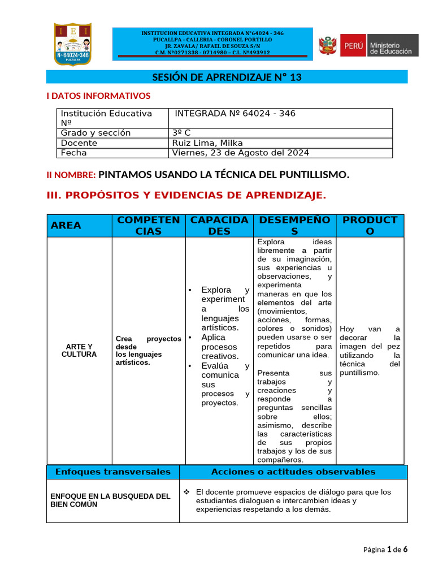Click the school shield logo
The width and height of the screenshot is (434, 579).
click(72, 44)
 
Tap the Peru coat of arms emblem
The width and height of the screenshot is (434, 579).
click(328, 45)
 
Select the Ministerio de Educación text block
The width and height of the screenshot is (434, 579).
click(393, 45)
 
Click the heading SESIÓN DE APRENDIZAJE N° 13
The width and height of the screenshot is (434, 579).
click(227, 77)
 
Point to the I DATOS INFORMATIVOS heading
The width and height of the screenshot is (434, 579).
click(98, 96)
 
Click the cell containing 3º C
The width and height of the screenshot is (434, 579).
click(181, 133)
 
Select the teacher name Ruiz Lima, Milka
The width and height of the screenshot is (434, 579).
click(207, 143)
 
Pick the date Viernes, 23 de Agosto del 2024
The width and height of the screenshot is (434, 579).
click(241, 153)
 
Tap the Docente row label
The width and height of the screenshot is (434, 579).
click(79, 143)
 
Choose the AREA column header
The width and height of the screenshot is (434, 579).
click(66, 225)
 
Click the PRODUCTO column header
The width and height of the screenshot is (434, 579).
click(370, 225)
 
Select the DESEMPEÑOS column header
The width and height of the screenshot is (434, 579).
click(294, 225)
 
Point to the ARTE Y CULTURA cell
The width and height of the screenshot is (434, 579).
click(79, 350)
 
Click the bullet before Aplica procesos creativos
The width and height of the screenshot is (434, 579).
click(190, 338)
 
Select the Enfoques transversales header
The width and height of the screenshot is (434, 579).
click(112, 472)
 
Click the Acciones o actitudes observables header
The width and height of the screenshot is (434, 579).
click(293, 472)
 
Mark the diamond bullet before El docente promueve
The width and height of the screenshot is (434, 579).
click(187, 491)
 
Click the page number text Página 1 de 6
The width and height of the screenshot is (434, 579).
click(385, 549)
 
